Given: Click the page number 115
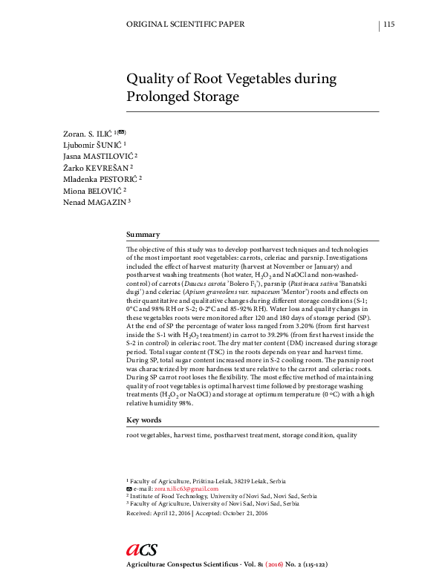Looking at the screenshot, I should click(x=389, y=25).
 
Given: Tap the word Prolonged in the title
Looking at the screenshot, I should click(x=161, y=97).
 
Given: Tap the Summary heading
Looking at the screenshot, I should click(x=143, y=233).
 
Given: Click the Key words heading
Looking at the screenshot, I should click(x=144, y=420).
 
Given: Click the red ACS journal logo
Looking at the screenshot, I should click(x=141, y=549).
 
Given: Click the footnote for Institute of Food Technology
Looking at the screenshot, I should click(x=224, y=496).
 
